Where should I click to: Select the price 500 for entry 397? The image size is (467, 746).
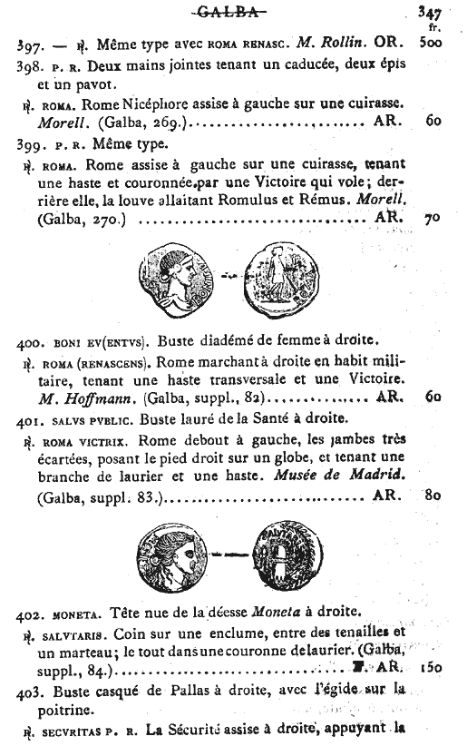tap(435, 44)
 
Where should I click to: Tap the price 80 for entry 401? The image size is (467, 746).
tap(433, 497)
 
